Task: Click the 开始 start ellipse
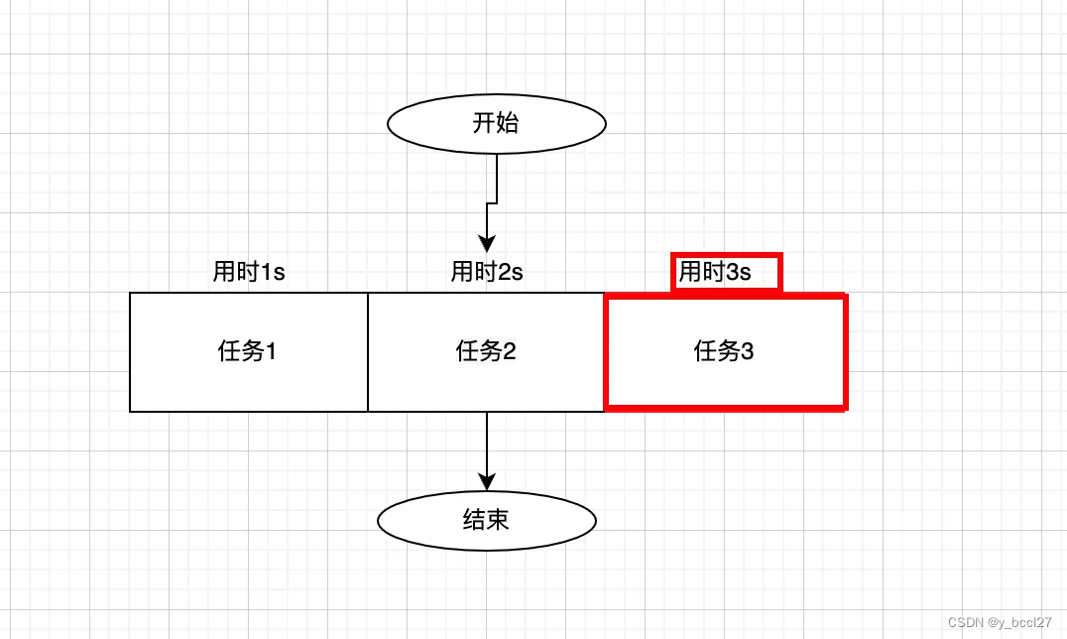coord(496,123)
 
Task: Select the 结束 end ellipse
coord(487,520)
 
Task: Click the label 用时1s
coord(249,272)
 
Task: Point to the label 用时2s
coord(487,272)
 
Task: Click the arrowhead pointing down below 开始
coord(486,243)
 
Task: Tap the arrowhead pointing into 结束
coord(487,481)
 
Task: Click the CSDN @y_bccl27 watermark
coord(999,623)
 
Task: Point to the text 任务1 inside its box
coord(247,351)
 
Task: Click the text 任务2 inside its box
coord(486,351)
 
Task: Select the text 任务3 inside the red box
coord(724,351)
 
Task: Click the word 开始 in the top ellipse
coord(496,123)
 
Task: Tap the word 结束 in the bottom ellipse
coord(486,520)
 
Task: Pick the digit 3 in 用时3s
coord(733,272)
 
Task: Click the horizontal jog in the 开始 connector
coord(491,202)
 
